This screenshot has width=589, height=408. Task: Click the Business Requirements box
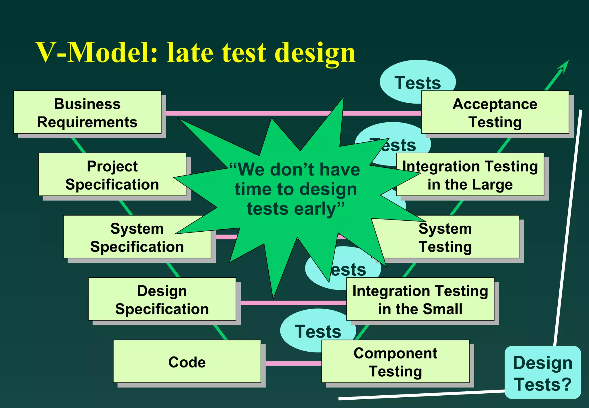tap(87, 113)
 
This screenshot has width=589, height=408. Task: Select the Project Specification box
tap(112, 175)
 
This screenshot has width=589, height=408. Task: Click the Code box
tap(187, 362)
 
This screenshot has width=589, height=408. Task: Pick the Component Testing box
tap(395, 362)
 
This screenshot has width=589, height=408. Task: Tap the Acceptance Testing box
tap(495, 113)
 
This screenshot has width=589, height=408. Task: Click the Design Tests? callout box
tap(542, 373)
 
